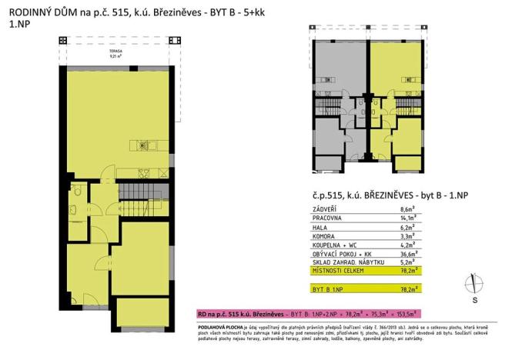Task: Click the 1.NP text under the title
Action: tap(17, 25)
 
